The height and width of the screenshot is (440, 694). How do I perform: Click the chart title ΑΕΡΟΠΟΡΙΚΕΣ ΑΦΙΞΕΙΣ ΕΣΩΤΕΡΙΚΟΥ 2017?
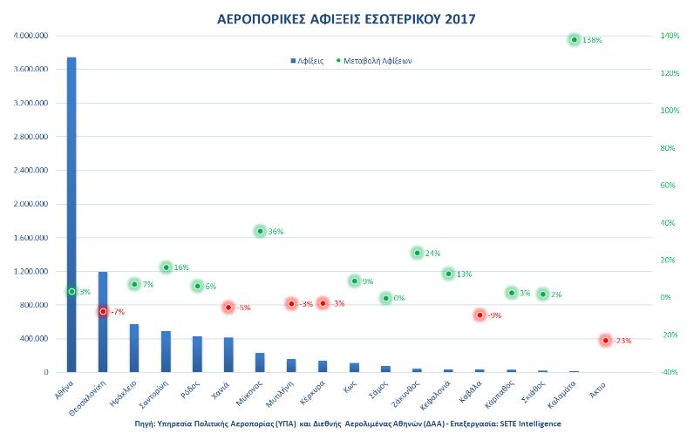pos(346,18)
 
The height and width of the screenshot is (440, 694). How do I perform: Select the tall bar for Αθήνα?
pos(71,218)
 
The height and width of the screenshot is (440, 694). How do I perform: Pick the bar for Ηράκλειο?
pos(134,349)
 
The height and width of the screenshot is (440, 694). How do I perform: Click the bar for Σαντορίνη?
pos(166,352)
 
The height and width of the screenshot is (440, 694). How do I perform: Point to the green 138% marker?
pos(574,40)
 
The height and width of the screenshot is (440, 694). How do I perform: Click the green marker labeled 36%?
pos(260,231)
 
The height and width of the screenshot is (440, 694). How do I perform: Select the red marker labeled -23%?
pos(605,340)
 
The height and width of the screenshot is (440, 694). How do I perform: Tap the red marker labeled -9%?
pos(480,315)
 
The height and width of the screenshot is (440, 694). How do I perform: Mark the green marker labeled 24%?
pos(417,253)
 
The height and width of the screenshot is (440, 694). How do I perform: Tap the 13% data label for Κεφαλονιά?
pos(464,274)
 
